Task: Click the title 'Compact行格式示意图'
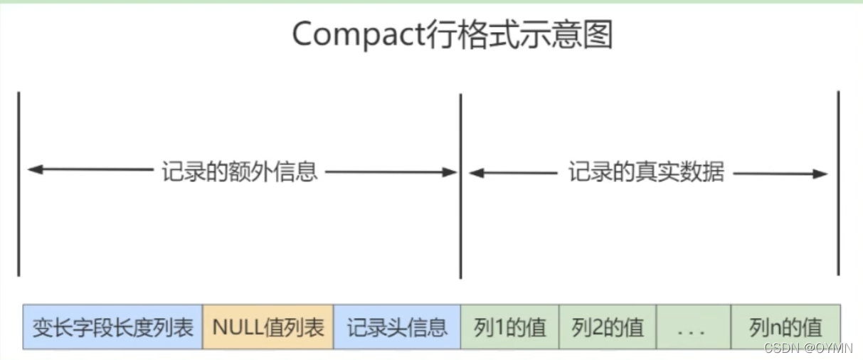pos(452,34)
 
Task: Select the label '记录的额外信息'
pos(240,171)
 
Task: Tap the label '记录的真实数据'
pos(646,171)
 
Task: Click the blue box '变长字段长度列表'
pos(112,327)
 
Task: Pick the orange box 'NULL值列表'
pos(268,327)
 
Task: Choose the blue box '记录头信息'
pos(397,327)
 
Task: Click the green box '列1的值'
pos(509,327)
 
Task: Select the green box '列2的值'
pos(608,327)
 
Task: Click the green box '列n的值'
pos(785,327)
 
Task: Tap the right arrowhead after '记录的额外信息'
pos(450,171)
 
